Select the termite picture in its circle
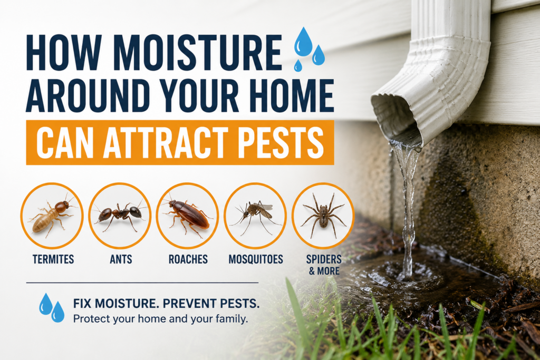52,216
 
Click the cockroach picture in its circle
188,216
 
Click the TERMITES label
53,259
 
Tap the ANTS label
121,259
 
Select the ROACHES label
188,259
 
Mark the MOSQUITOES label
256,259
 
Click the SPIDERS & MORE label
324,265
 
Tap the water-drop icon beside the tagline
52,307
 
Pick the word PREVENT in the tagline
184,304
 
